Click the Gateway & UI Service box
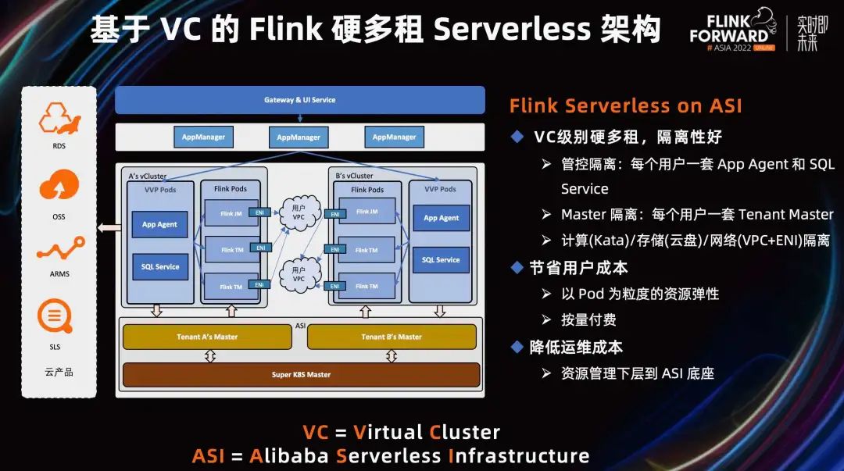(299, 100)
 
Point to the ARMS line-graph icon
(59, 250)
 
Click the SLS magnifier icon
(54, 317)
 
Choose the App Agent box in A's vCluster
(159, 224)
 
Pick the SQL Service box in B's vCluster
(441, 260)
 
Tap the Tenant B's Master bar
(392, 337)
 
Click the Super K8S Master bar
(301, 374)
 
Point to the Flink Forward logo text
(728, 30)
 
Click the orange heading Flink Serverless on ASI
(625, 106)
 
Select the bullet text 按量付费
(588, 319)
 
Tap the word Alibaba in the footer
(290, 455)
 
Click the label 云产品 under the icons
(59, 372)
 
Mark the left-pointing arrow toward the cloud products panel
(109, 228)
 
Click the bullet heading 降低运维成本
(576, 347)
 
